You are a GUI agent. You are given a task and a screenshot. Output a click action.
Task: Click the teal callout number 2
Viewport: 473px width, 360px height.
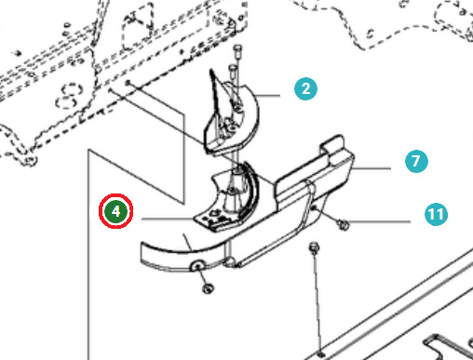pyautogui.click(x=305, y=89)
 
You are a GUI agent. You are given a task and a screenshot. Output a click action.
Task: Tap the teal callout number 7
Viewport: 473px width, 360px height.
pyautogui.click(x=416, y=161)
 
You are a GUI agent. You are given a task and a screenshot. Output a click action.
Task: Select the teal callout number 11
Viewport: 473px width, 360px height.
pyautogui.click(x=436, y=214)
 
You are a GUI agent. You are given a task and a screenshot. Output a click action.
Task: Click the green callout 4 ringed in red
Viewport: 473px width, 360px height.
pyautogui.click(x=116, y=211)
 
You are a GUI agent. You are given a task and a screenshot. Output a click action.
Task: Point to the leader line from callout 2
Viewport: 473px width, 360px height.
pyautogui.click(x=267, y=96)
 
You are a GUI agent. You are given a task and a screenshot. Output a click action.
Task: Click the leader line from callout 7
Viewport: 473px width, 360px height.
pyautogui.click(x=372, y=168)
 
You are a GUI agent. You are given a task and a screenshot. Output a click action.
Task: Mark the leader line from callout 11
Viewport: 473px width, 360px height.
pyautogui.click(x=380, y=221)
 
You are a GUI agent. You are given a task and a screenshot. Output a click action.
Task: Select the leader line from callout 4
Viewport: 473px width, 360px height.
pyautogui.click(x=168, y=219)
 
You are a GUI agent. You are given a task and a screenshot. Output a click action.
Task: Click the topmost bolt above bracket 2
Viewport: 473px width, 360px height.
pyautogui.click(x=237, y=50)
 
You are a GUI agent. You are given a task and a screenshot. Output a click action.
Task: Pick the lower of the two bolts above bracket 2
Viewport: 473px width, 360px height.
pyautogui.click(x=233, y=70)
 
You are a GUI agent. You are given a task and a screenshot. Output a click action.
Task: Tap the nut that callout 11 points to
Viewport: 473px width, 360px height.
pyautogui.click(x=343, y=224)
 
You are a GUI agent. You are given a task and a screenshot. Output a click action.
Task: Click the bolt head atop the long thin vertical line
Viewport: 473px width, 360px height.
pyautogui.click(x=314, y=248)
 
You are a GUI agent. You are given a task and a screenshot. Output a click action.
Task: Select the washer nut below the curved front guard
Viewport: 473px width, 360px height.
pyautogui.click(x=208, y=288)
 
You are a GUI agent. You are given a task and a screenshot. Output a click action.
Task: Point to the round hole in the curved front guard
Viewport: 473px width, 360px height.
pyautogui.click(x=197, y=265)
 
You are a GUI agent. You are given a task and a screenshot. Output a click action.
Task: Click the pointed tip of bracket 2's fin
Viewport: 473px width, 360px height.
pyautogui.click(x=211, y=71)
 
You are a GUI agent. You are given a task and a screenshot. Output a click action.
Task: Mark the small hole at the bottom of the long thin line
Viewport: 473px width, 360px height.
pyautogui.click(x=321, y=353)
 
